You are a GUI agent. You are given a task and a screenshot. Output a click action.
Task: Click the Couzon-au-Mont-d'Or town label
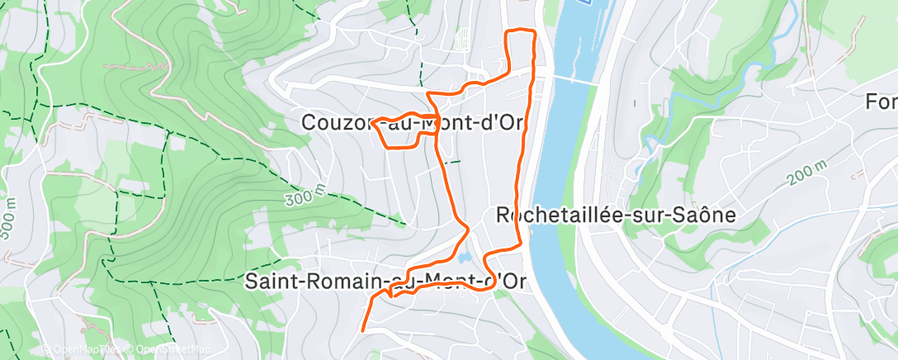tap(413, 122)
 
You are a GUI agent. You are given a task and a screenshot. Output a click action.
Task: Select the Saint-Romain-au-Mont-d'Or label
tap(385, 281)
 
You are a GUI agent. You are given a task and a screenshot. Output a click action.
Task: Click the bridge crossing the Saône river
tap(574, 80)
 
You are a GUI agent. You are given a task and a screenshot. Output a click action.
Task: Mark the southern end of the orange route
tap(363, 329)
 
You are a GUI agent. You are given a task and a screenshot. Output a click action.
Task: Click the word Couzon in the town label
tap(335, 122)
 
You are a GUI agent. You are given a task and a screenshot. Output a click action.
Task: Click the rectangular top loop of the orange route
tap(521, 50)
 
